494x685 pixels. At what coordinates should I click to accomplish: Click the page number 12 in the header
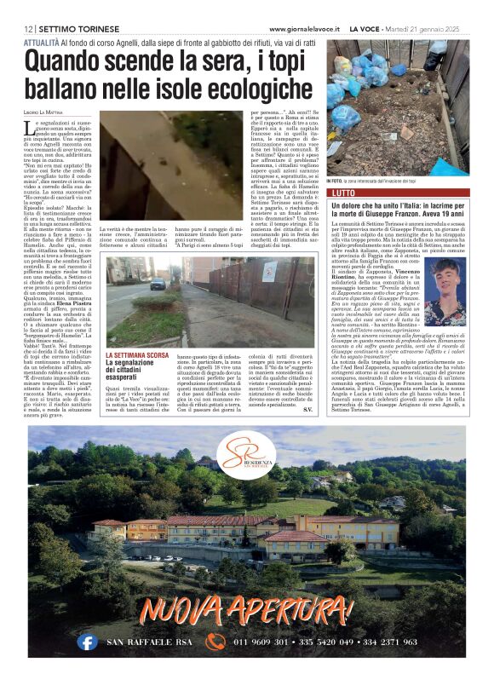pos(29,29)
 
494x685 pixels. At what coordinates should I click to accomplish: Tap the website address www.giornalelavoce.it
pos(303,29)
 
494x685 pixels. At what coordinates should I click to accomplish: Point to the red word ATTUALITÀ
pos(42,41)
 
